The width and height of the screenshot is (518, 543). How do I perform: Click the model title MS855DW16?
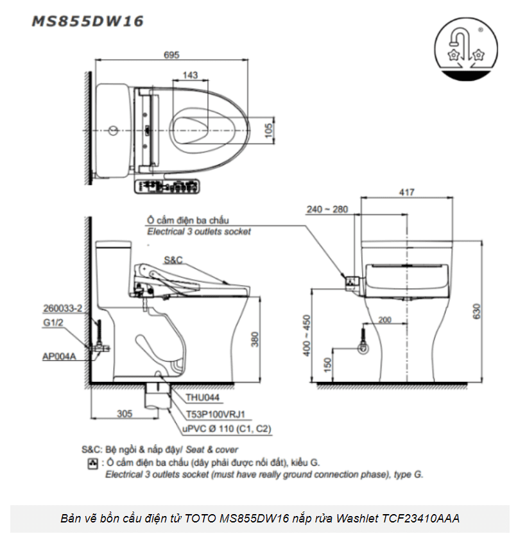tap(88, 21)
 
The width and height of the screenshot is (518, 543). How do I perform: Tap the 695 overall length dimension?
tap(171, 55)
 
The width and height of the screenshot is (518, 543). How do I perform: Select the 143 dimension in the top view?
tap(190, 76)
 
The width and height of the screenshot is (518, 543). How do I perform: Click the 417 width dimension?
tap(407, 192)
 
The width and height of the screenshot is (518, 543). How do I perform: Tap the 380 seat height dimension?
tap(255, 339)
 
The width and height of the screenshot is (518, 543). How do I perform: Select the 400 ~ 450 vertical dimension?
tap(307, 335)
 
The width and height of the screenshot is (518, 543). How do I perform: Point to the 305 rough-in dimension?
tap(126, 414)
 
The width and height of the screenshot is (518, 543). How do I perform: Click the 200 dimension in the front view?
tap(384, 320)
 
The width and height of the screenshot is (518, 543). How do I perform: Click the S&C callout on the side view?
tap(173, 260)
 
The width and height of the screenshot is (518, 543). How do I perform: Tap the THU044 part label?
tap(200, 397)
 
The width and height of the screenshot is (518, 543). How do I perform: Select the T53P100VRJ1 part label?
tap(216, 414)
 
